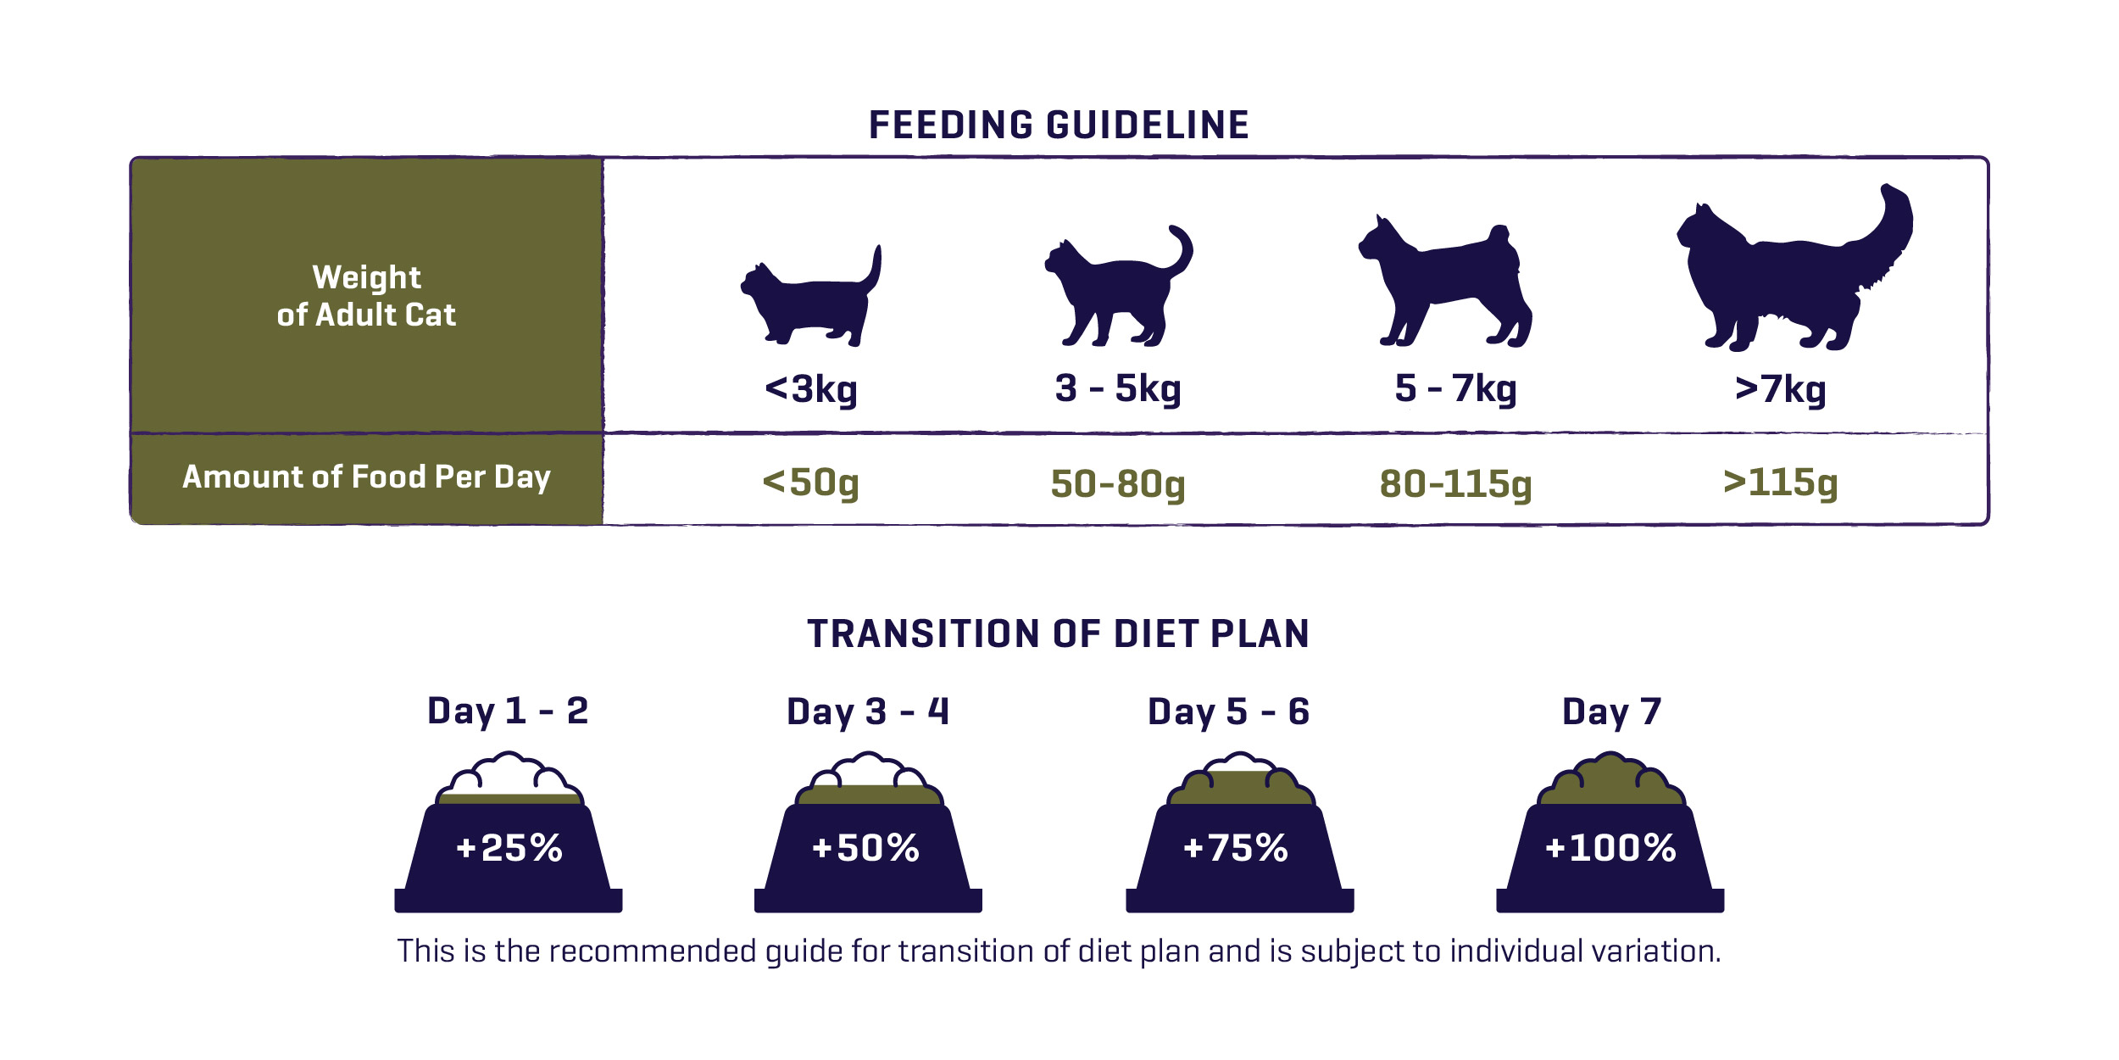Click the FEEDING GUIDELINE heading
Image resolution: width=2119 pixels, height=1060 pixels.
click(x=1059, y=125)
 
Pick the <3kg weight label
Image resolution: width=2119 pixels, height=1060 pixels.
click(x=811, y=389)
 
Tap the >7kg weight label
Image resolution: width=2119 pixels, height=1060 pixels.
click(x=1780, y=389)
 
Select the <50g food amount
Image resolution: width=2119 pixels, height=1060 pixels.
click(x=811, y=483)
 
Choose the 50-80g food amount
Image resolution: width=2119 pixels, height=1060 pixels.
click(x=1118, y=483)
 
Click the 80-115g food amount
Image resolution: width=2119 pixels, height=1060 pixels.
click(x=1455, y=483)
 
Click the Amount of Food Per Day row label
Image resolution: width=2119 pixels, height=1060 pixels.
click(x=366, y=477)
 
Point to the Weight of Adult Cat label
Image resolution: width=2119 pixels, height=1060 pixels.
click(x=366, y=296)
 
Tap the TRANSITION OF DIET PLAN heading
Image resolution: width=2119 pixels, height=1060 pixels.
click(x=1059, y=633)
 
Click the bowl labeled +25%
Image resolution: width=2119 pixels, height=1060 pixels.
click(x=509, y=848)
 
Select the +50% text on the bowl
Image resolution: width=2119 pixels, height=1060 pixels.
click(x=865, y=848)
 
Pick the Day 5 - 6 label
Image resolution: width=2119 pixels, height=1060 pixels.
click(x=1228, y=711)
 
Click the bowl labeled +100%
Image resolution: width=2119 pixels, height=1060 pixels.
click(x=1610, y=848)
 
